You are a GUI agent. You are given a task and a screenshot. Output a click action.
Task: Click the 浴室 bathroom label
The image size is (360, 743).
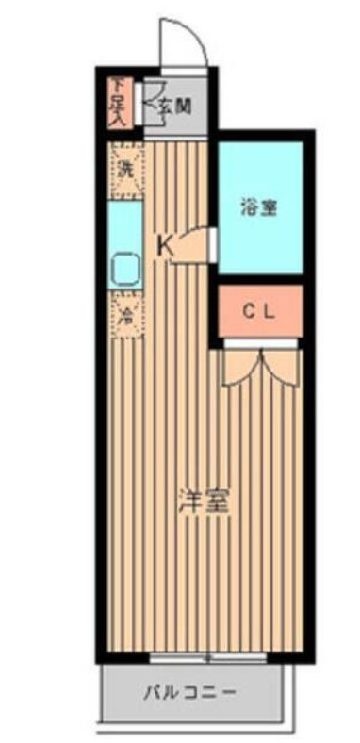[x=259, y=208]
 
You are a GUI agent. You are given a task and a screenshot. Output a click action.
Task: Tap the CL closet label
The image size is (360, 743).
[x=261, y=313]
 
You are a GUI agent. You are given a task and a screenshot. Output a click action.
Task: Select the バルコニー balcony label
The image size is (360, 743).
[x=191, y=694]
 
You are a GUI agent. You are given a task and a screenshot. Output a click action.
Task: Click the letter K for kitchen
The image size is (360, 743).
[x=164, y=246]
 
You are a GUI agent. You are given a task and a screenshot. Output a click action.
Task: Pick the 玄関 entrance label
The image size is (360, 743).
[x=175, y=106]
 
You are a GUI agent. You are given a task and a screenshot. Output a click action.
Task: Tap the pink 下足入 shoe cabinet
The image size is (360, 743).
[x=117, y=102]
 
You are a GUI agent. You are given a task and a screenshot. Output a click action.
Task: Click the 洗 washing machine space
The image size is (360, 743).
[x=124, y=171]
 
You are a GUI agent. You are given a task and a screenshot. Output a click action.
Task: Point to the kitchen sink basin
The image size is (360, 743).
[x=124, y=272]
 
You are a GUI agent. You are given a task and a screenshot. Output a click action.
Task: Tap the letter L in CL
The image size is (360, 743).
[x=270, y=313]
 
